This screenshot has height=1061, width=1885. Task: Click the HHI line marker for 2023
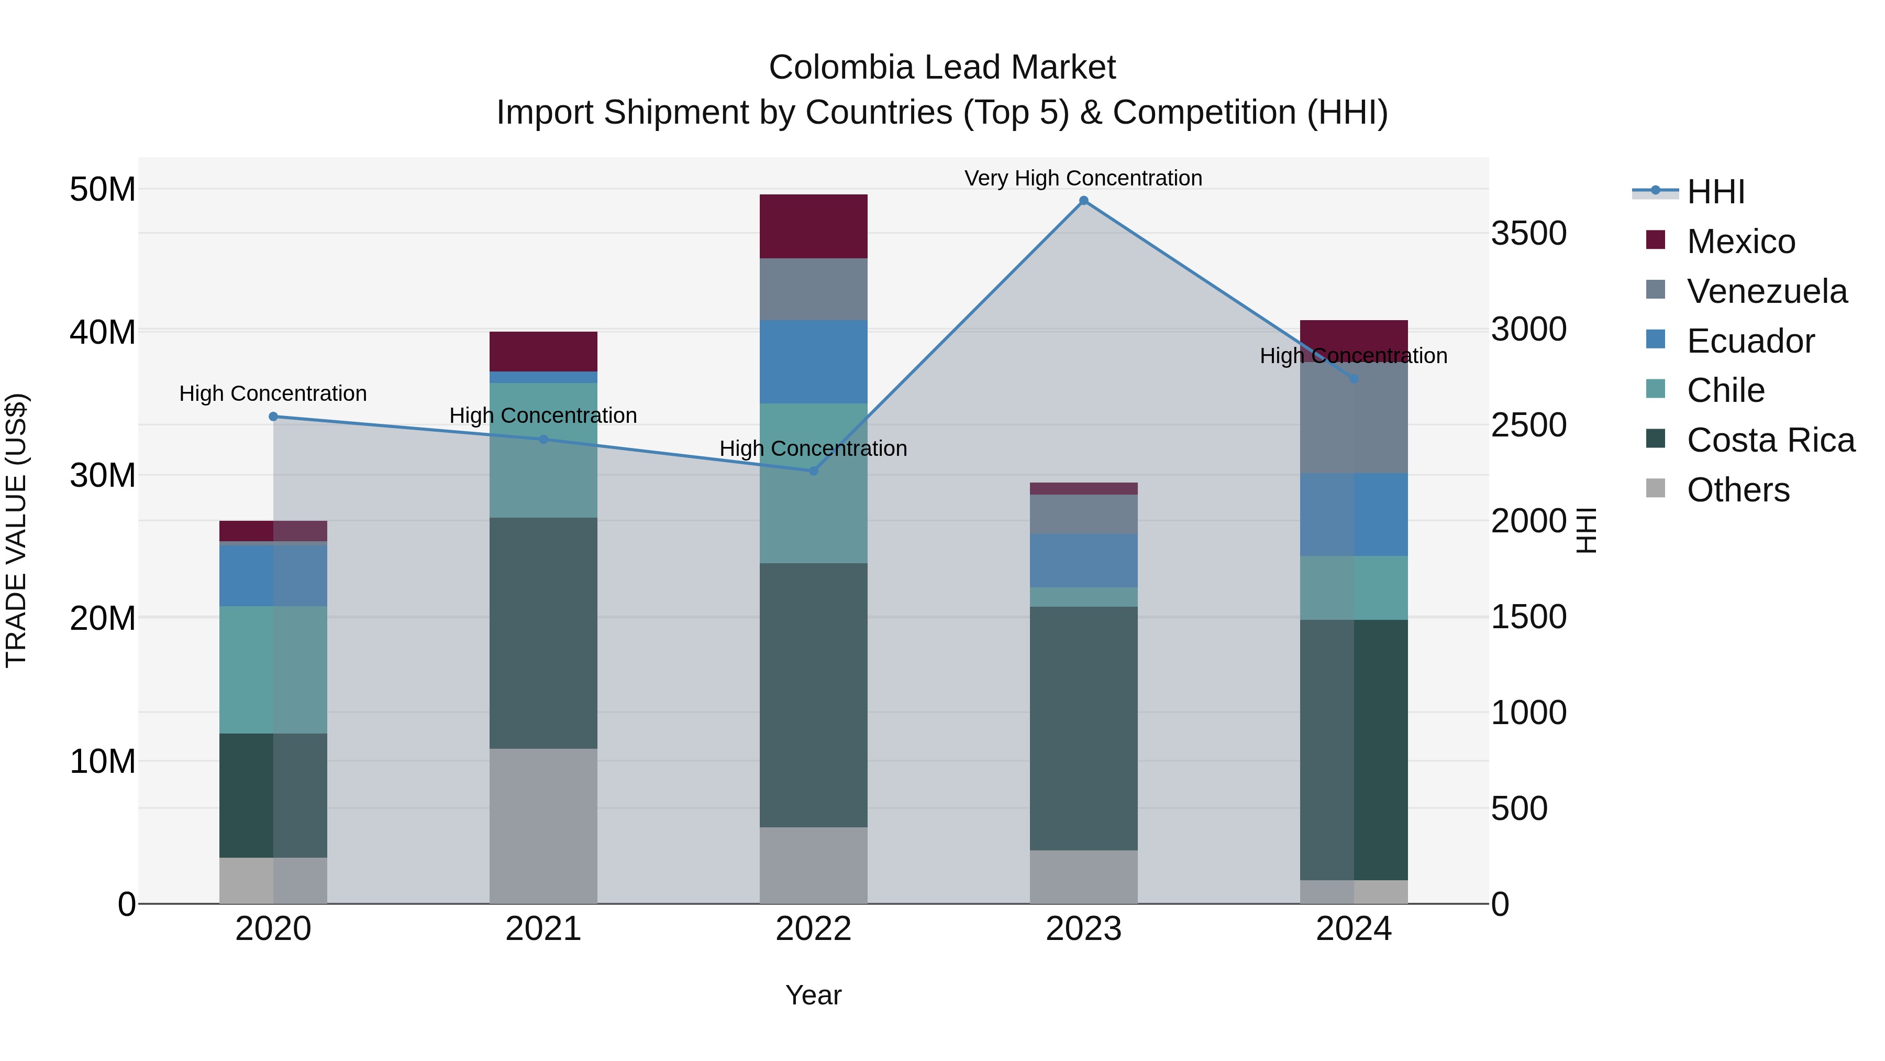pos(1084,201)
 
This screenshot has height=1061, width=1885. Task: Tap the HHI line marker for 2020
pos(273,417)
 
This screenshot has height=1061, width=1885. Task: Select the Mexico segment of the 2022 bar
pos(813,226)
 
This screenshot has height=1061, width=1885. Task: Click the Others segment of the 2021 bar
pos(543,826)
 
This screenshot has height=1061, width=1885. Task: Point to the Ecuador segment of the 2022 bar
pos(813,362)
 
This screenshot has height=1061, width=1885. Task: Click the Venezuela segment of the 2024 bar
pos(1353,418)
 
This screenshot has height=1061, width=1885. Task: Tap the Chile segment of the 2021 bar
pos(543,450)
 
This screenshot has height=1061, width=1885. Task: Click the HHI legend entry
pos(1715,192)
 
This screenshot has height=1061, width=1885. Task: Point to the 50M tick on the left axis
pos(103,190)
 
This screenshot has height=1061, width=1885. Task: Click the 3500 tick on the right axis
pos(1528,234)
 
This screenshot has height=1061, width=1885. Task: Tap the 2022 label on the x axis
pos(813,929)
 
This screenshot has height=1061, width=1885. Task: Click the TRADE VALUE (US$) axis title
pos(16,530)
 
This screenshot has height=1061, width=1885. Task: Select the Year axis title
pos(813,995)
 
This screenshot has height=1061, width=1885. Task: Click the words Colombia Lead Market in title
pos(942,68)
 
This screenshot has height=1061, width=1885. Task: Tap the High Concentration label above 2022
pos(813,448)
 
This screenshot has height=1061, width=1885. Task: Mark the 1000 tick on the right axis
pos(1528,713)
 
